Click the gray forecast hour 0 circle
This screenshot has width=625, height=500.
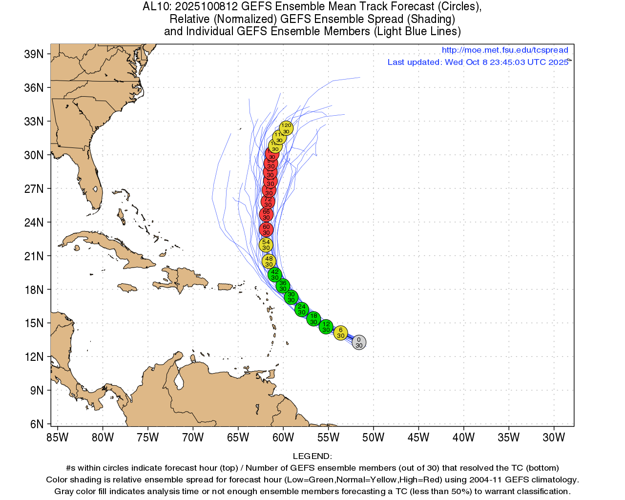coord(359,342)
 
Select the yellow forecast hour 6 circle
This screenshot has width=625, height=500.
coord(341,333)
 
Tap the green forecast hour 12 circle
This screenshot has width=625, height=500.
coord(326,327)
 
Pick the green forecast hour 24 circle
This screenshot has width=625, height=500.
coord(302,310)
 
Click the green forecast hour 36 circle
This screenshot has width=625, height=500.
coord(283,286)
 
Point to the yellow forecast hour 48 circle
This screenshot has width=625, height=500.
coord(269,262)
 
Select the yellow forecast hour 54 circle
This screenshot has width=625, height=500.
coord(266,245)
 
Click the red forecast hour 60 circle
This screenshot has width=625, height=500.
coord(266,229)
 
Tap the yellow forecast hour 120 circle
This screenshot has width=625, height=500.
coord(286,128)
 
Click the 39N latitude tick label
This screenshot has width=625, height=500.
coord(34,54)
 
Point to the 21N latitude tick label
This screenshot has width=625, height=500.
coord(34,256)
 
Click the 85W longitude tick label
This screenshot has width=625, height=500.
coord(58,437)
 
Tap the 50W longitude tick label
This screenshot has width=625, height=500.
coord(374,437)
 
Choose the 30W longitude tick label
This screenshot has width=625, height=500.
coord(554,437)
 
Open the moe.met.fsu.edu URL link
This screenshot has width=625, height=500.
coord(505,50)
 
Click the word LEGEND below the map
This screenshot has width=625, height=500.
coord(312,457)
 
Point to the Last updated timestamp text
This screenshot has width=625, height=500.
coord(478,62)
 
